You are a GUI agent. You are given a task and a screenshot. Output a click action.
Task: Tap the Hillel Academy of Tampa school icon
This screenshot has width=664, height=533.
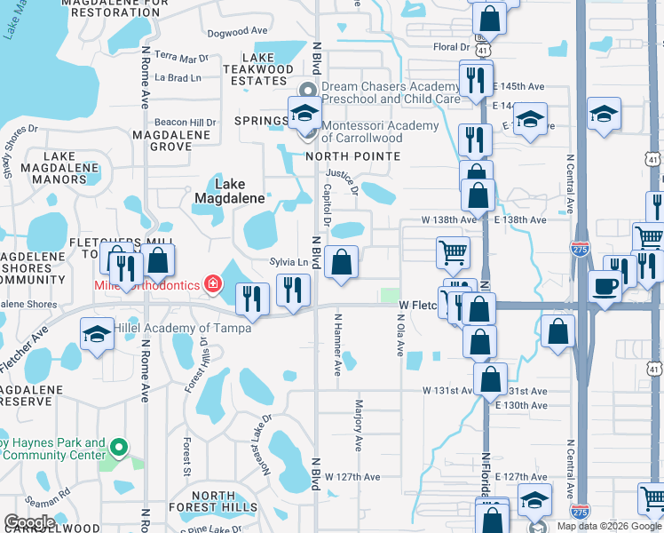[97, 336]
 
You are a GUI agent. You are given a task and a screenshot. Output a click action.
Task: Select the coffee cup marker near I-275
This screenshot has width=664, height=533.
[605, 287]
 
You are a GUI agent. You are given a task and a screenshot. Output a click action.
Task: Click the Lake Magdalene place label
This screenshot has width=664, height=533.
[229, 191]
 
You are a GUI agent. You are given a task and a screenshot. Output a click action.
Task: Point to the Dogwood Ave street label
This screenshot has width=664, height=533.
[211, 34]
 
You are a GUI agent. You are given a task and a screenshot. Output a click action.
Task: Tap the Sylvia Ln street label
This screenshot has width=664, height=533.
[289, 263]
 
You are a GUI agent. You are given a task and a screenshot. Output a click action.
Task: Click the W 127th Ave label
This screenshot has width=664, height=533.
[352, 477]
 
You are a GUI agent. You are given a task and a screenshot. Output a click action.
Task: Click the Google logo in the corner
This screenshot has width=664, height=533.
[29, 522]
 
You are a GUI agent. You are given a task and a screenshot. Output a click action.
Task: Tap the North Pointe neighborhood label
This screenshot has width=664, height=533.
[353, 156]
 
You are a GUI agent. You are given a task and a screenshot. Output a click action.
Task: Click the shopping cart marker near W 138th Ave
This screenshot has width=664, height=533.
[453, 253]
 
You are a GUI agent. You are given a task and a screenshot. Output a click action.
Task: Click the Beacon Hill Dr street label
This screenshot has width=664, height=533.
[186, 123]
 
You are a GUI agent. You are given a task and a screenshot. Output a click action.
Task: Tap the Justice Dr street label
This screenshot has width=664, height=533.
[341, 180]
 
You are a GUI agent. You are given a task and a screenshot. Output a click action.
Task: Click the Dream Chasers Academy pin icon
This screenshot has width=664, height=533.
[308, 90]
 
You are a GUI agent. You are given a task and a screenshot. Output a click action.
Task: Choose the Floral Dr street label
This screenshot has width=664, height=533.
[452, 47]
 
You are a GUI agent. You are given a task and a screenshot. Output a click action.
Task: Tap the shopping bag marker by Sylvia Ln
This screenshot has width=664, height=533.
[342, 262]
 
